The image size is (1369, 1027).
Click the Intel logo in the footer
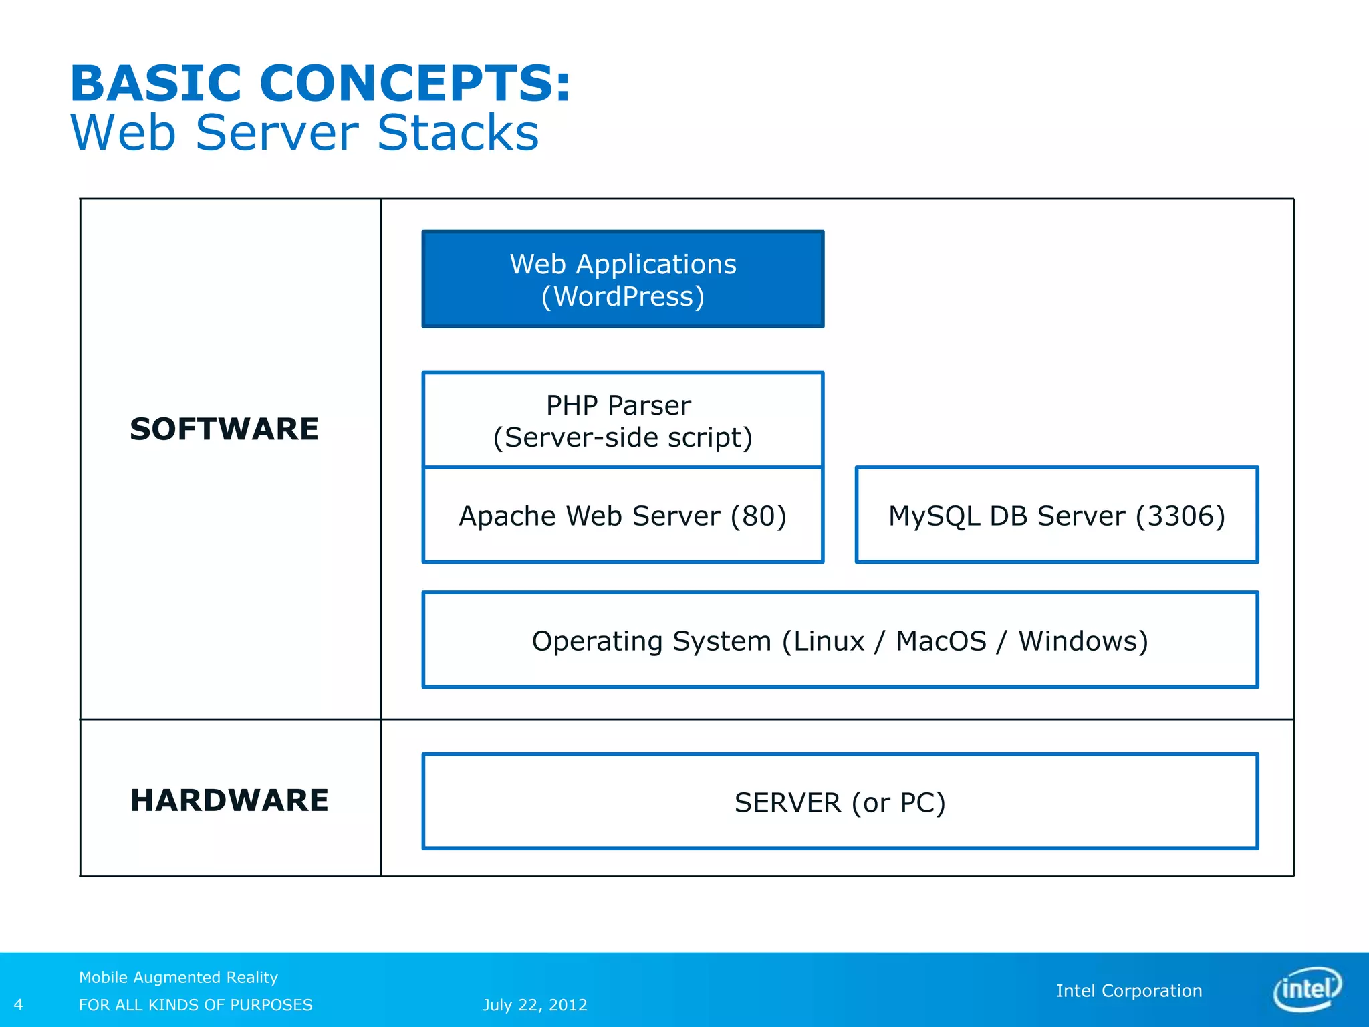[1308, 989]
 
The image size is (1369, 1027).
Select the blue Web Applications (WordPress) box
[622, 279]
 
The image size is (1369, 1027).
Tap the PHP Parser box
[622, 420]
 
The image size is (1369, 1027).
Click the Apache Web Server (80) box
[622, 516]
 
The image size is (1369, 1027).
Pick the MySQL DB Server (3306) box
[1056, 516]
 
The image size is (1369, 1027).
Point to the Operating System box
[840, 641]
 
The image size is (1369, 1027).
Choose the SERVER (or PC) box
[840, 802]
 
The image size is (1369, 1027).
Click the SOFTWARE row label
[224, 429]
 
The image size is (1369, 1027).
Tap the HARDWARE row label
[229, 800]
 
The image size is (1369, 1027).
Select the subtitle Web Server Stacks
[304, 132]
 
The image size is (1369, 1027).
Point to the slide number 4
[19, 1004]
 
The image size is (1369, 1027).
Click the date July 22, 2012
[535, 1004]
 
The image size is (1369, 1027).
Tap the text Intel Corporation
[1128, 990]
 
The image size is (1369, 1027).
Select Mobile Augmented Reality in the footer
[178, 977]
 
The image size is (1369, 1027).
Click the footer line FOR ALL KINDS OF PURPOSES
[195, 1004]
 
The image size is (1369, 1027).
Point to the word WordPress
[623, 296]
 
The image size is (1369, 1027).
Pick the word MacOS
[941, 641]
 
